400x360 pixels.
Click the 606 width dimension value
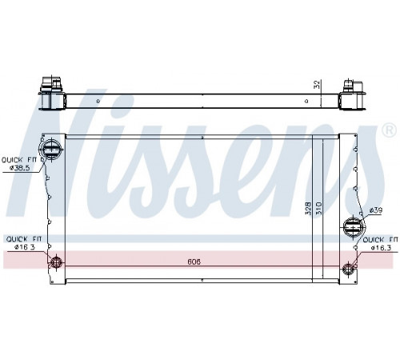coord(194,262)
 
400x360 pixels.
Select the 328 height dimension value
coord(308,208)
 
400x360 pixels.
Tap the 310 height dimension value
coord(319,208)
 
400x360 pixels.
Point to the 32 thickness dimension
coord(317,85)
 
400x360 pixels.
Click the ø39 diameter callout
coord(376,210)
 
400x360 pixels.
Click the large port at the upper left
coord(50,150)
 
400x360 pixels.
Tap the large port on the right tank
coord(354,228)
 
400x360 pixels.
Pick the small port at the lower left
coord(56,262)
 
